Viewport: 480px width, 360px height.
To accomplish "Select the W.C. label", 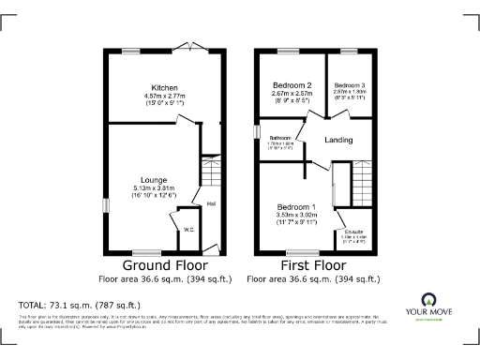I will [187, 230].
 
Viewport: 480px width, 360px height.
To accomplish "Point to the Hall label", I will [212, 202].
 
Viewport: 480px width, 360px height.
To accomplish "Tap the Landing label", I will [338, 141].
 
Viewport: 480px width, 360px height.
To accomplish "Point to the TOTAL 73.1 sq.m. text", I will [80, 306].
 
